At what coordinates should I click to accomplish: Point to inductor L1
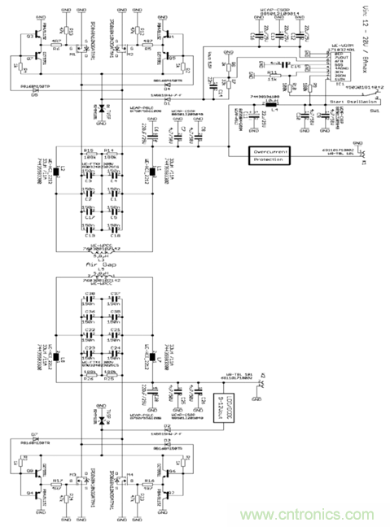point(147,172)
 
